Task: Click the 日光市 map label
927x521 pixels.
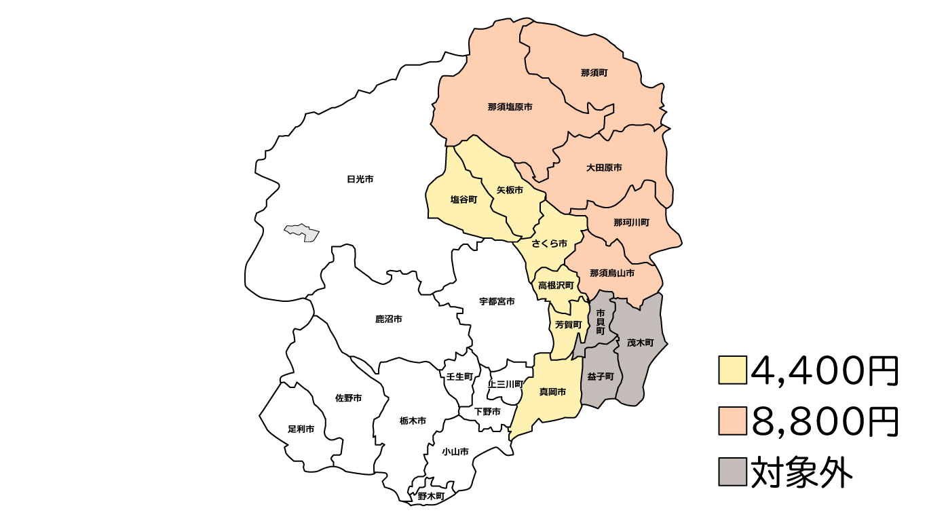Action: (x=360, y=179)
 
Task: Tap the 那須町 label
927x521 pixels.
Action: (x=594, y=72)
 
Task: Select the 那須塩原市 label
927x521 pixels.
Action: (x=510, y=107)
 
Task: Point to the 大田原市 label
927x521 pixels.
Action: (x=604, y=168)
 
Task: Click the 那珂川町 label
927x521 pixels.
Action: (x=631, y=223)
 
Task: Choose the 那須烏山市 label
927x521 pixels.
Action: (x=612, y=273)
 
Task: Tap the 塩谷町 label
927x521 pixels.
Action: (x=464, y=199)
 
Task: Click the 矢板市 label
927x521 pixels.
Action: (x=510, y=190)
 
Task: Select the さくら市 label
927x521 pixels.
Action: (x=549, y=244)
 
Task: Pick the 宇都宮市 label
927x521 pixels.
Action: (x=497, y=301)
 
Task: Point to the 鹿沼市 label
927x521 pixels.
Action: (x=389, y=319)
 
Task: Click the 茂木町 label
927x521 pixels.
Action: (x=640, y=343)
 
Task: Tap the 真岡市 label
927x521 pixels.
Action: (x=552, y=392)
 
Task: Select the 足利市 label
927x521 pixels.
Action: (x=301, y=429)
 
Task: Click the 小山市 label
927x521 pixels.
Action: (x=455, y=452)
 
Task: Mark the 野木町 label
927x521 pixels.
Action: (x=431, y=497)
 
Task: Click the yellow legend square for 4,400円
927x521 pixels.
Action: (x=732, y=370)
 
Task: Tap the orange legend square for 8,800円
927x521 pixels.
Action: (x=732, y=421)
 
